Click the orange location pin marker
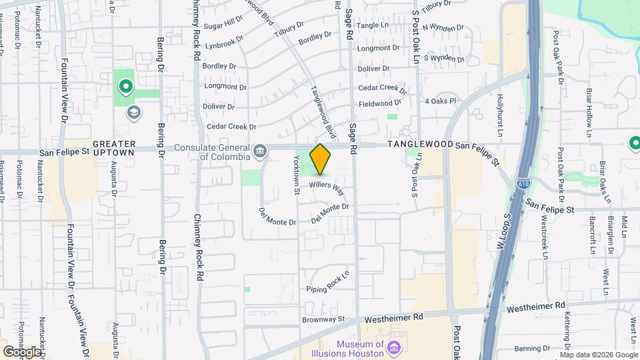click(321, 159)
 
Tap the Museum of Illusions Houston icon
click(394, 348)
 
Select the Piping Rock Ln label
click(329, 283)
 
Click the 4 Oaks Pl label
click(440, 101)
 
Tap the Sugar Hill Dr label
click(223, 24)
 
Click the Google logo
click(21, 351)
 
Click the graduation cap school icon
click(133, 111)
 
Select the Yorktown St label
click(297, 174)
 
